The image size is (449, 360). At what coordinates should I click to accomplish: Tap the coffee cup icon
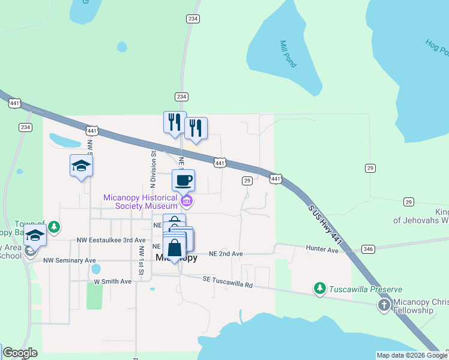184,180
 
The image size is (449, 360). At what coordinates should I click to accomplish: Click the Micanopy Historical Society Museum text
140,202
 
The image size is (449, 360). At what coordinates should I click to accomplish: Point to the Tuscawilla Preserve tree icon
320,289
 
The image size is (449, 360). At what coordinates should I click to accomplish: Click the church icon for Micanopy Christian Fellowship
384,305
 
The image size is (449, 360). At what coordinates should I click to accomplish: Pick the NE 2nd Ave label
226,254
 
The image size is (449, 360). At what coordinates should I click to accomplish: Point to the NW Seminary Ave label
69,260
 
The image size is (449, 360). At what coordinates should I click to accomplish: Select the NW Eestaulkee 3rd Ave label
111,240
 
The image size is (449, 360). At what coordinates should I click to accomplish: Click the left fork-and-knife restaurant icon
175,122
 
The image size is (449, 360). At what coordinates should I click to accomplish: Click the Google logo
20,353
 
